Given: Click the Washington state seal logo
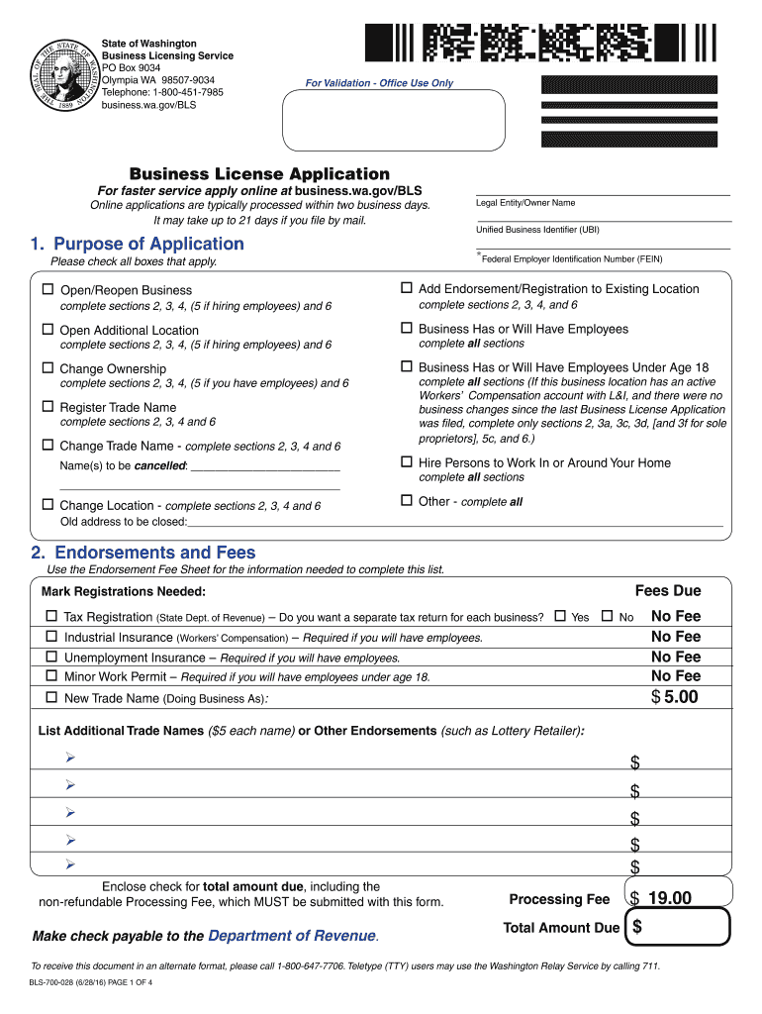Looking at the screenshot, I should coord(63,75).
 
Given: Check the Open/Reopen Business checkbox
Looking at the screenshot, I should coord(48,290).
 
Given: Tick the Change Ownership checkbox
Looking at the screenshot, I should coord(48,368).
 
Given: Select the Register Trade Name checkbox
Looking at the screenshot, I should coord(48,407).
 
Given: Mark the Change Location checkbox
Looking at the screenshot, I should coord(48,505).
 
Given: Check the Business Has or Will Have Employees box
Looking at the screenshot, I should coord(406,329).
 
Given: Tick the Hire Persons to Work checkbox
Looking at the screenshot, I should coord(406,462).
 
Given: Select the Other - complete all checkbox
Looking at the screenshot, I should coord(406,501).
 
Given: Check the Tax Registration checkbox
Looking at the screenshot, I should coord(51,617).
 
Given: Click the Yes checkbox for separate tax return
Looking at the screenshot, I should coord(560,617).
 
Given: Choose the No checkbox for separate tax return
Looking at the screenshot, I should coord(608,617).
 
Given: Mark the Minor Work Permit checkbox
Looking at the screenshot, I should coord(51,676).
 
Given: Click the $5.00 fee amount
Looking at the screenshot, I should coord(675,697).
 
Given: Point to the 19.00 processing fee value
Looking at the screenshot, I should coord(669,898).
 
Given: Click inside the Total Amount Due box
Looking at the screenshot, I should coord(683,928).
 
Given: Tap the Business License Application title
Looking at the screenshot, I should coord(253,173).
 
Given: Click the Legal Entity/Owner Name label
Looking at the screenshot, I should coord(525,203).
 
